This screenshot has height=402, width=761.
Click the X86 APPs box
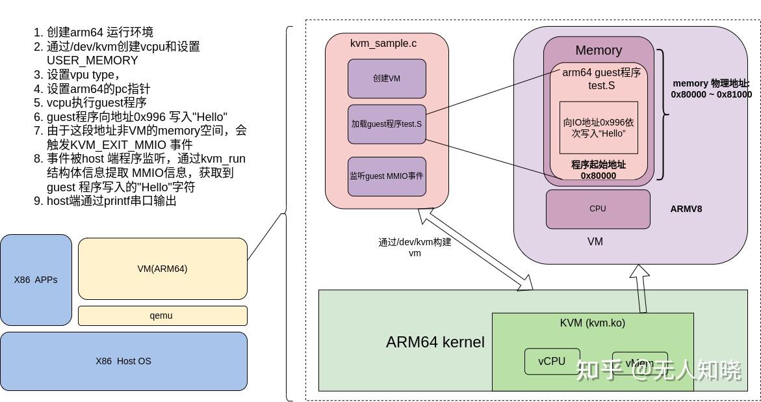click(36, 280)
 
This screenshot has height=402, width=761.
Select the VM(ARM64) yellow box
click(162, 269)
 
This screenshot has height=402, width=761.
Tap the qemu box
click(162, 315)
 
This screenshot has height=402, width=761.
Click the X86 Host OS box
click(123, 361)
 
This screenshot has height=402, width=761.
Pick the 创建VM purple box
click(387, 79)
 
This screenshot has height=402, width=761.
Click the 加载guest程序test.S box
click(387, 124)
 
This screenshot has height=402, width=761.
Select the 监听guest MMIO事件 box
click(387, 176)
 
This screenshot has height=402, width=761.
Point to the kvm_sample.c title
click(383, 44)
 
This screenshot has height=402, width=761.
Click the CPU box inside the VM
click(598, 209)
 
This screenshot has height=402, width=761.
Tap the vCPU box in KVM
click(552, 361)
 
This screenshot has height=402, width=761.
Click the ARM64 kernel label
click(435, 342)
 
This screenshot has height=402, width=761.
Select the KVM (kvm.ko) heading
click(592, 323)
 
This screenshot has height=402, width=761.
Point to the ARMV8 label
click(686, 209)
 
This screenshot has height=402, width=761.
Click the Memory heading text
click(599, 50)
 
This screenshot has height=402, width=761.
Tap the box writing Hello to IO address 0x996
click(599, 127)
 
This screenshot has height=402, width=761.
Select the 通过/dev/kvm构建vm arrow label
click(415, 247)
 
